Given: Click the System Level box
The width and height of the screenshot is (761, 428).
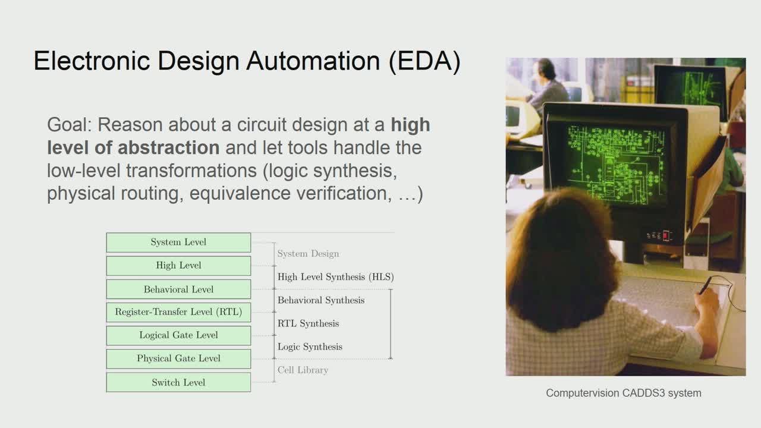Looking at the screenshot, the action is (178, 242).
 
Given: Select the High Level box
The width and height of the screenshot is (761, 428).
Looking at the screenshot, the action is (178, 266).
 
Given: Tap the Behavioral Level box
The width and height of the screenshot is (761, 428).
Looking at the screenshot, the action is (178, 289).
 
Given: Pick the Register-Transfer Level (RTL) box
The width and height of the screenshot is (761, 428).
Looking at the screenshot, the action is (178, 312).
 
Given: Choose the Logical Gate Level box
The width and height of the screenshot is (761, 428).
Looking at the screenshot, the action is (178, 335).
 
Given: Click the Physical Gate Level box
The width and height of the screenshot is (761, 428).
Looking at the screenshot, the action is (178, 358).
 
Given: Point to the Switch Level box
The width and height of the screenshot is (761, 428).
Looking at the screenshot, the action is (178, 382).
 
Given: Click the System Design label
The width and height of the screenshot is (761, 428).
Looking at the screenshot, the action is (308, 254).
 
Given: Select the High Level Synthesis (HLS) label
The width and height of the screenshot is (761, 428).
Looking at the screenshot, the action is (336, 277).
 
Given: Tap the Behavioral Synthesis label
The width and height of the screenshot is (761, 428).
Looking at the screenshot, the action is (321, 300).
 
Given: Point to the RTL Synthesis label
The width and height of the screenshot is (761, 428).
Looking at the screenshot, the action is (308, 324).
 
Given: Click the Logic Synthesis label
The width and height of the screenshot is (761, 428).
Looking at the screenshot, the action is (310, 347).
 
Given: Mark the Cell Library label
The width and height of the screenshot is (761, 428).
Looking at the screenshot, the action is (303, 370).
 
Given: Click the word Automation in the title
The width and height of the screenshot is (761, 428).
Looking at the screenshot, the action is (313, 61).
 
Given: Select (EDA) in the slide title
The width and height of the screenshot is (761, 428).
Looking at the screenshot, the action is (424, 61).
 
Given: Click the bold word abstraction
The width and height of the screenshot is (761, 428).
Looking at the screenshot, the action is (168, 147).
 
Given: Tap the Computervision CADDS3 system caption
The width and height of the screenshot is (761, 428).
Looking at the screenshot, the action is (624, 393).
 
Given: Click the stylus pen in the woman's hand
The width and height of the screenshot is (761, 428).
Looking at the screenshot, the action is (705, 286).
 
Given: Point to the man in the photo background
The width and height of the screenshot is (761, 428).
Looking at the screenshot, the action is (546, 85).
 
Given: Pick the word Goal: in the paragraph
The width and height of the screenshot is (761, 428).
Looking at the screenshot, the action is (70, 125).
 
